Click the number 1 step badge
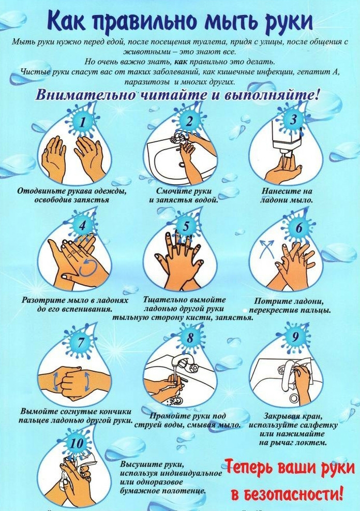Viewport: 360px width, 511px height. tap(82, 122)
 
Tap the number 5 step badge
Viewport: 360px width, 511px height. tap(186, 226)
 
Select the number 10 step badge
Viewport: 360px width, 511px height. tap(77, 443)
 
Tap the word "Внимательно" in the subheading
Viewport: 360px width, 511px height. tap(85, 95)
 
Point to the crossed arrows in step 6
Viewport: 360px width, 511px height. tap(266, 249)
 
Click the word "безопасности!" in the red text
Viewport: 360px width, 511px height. tap(288, 494)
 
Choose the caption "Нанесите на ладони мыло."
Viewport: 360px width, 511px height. tap(287, 196)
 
